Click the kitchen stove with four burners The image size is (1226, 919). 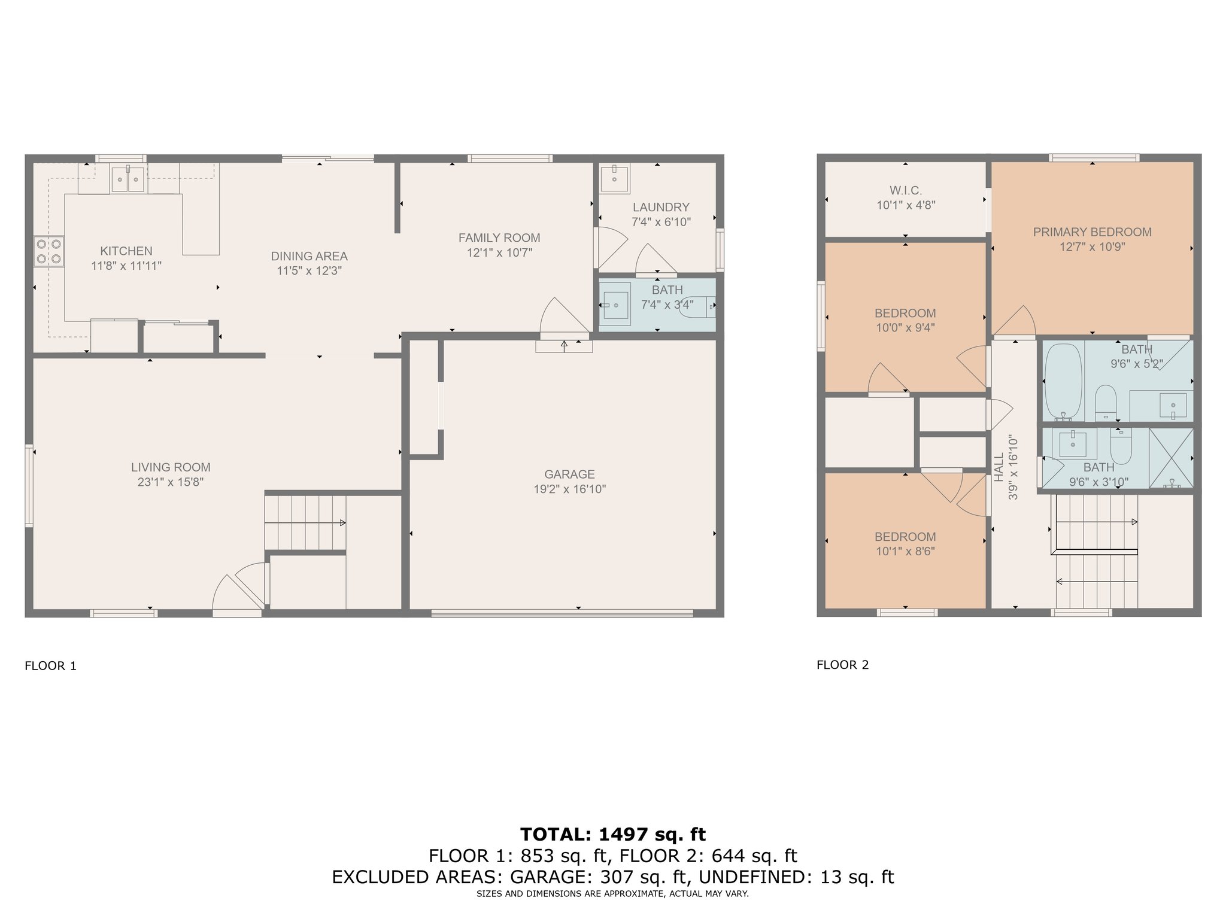pos(48,251)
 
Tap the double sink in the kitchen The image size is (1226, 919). pos(128,178)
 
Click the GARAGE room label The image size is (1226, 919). pos(569,474)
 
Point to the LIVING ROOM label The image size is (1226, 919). pos(171,467)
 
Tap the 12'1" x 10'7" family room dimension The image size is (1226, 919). pos(500,252)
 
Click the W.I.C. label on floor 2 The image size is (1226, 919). pos(905,190)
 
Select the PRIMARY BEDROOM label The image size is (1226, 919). pos(1092,232)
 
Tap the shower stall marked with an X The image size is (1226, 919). pos(1171,458)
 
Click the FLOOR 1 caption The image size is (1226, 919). pos(51,666)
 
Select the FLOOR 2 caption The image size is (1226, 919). pos(842,665)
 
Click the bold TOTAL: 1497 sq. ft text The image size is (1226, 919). pos(613,834)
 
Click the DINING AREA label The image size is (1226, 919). pos(309,256)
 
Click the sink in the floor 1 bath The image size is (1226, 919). pos(615,306)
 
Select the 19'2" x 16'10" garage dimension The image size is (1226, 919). pos(570,489)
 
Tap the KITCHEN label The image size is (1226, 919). pos(126,251)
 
